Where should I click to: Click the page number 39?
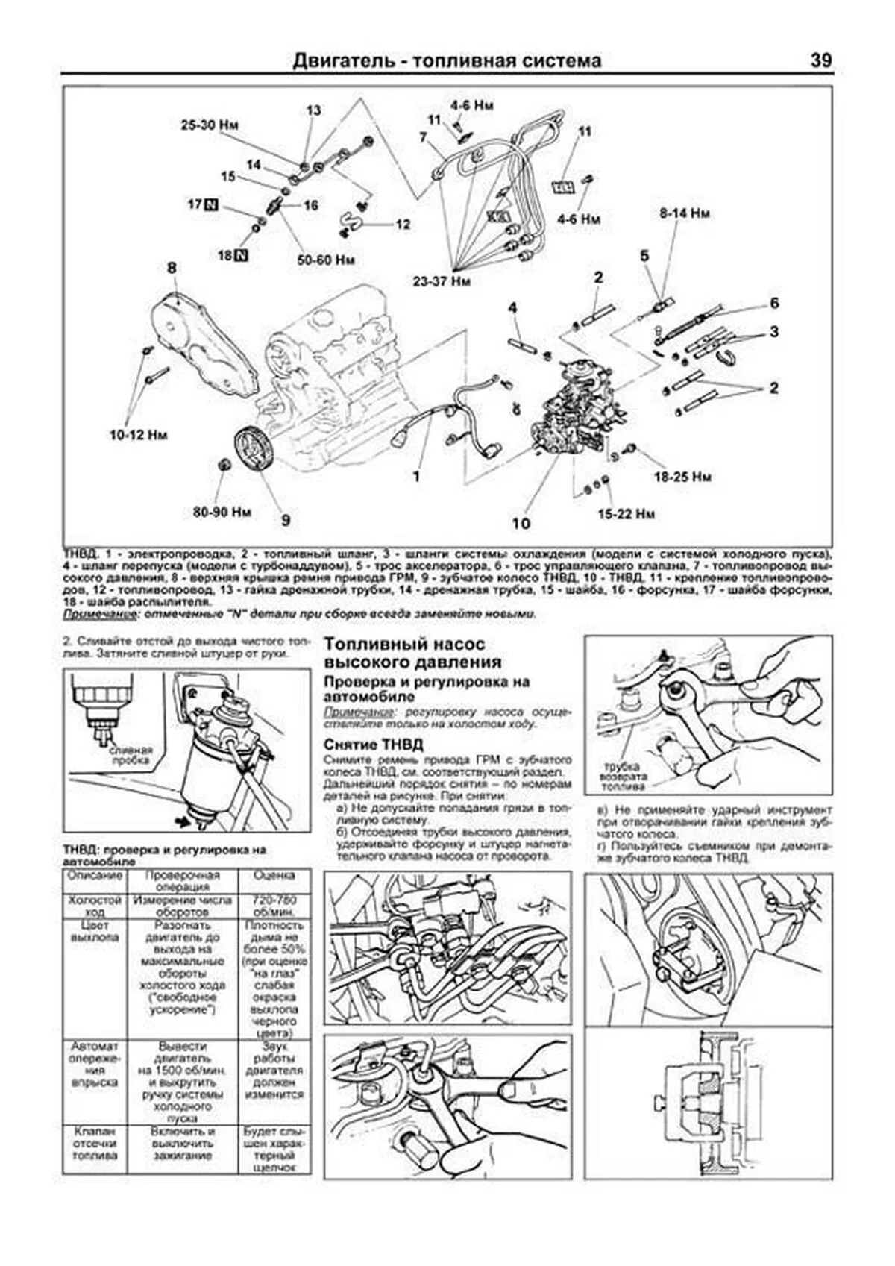pyautogui.click(x=820, y=60)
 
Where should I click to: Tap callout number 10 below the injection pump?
pyautogui.click(x=521, y=523)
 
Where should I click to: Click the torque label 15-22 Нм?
pyautogui.click(x=626, y=514)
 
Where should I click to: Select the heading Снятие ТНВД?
pyautogui.click(x=373, y=745)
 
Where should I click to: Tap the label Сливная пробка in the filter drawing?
pyautogui.click(x=131, y=755)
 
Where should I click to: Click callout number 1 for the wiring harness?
pyautogui.click(x=417, y=476)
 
